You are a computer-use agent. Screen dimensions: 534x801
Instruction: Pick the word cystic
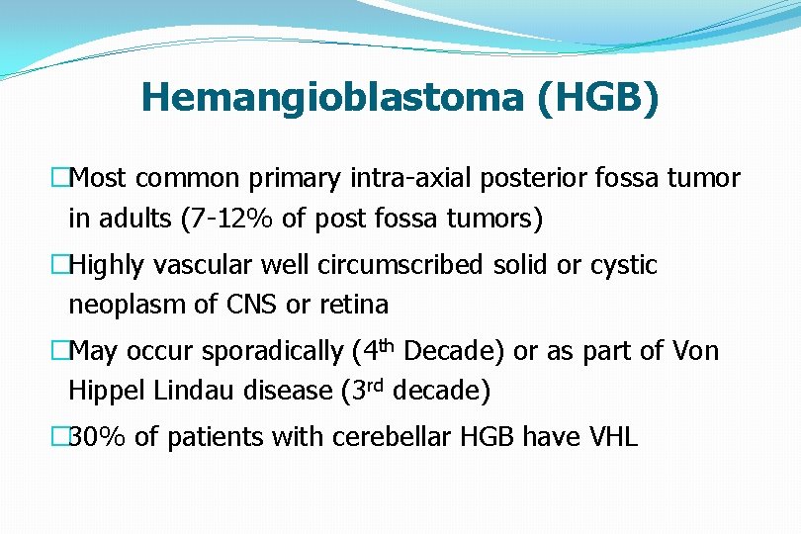620,265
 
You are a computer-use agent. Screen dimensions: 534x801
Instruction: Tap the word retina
356,305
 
